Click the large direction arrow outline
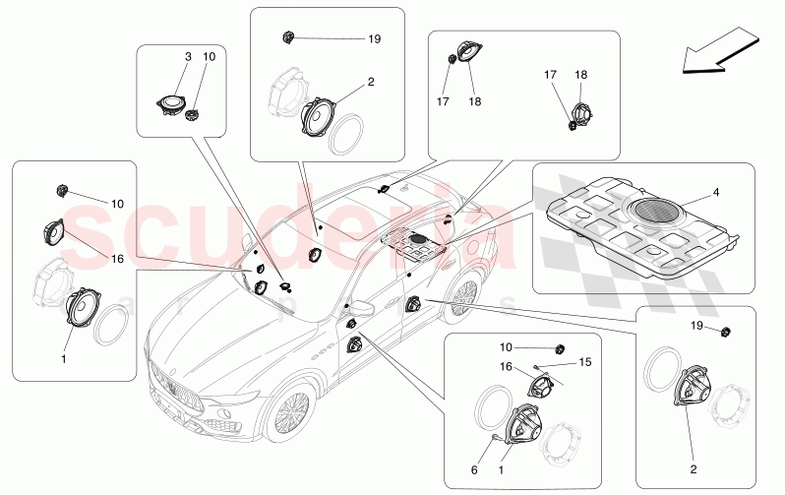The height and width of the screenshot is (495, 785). [715, 55]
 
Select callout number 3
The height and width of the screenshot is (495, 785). [188, 58]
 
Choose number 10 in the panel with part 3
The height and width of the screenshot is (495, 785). [208, 58]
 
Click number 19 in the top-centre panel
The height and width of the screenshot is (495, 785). [374, 39]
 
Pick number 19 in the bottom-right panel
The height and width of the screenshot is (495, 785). [694, 325]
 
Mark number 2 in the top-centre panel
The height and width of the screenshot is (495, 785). [371, 83]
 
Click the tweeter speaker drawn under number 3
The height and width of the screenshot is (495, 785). [174, 102]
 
